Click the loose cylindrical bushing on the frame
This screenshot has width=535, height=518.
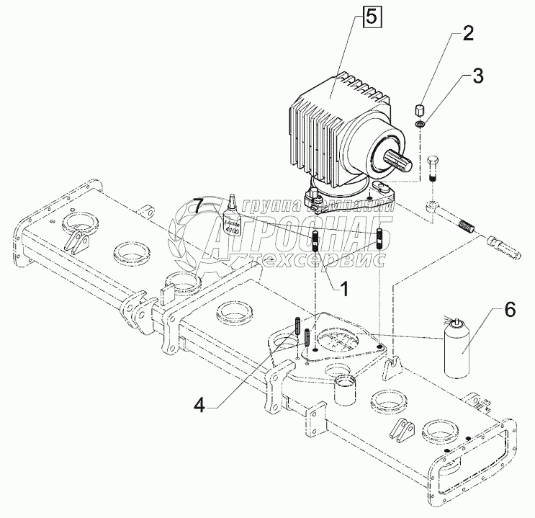coord(346,389)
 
